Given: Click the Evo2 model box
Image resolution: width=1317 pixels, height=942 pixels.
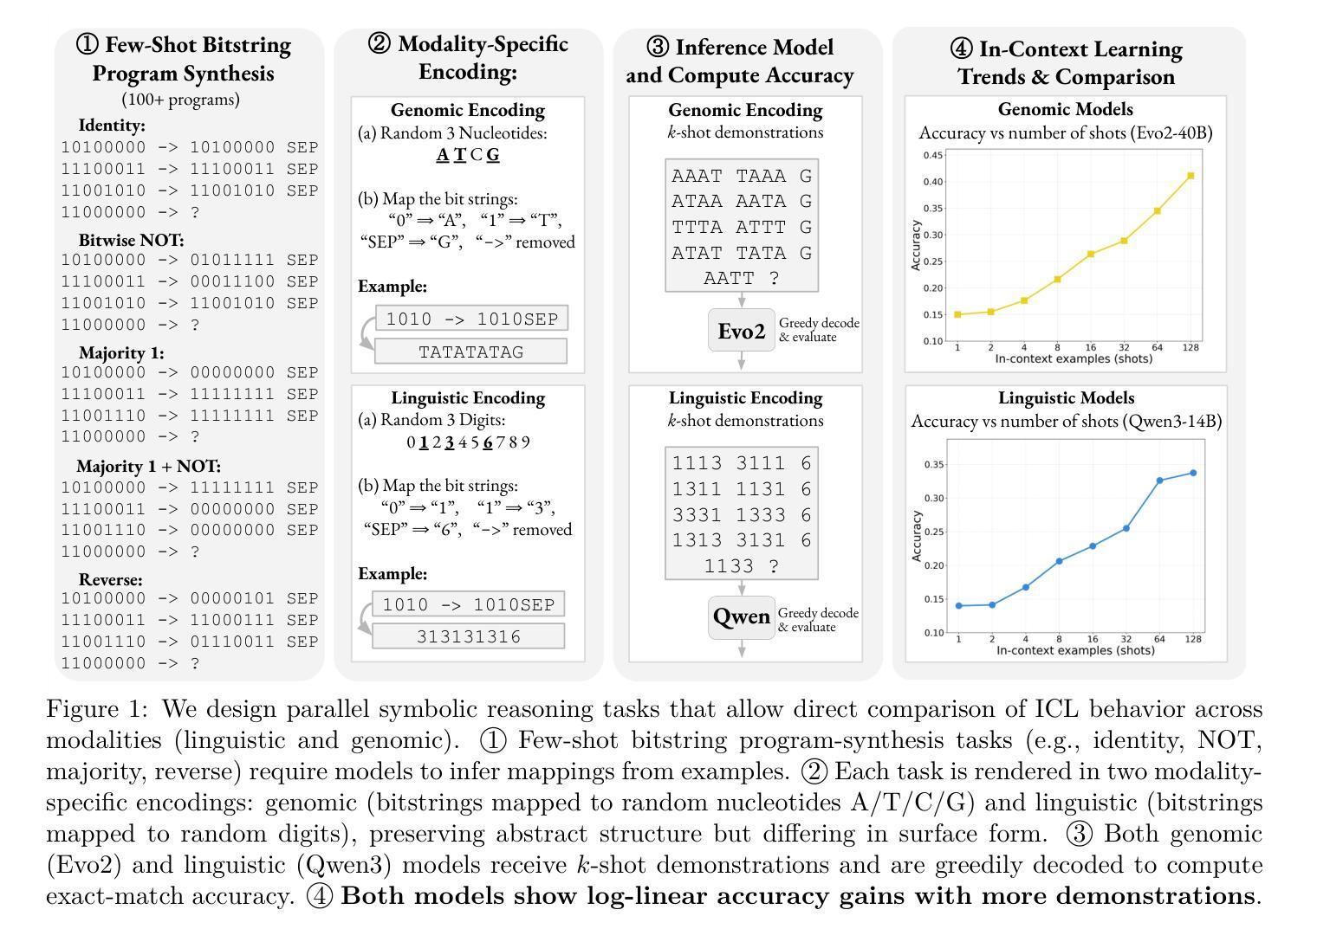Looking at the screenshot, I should pyautogui.click(x=741, y=330).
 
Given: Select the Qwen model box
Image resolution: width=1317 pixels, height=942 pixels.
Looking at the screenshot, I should pyautogui.click(x=741, y=616).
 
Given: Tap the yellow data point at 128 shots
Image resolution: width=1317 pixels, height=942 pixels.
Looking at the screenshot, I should pyautogui.click(x=1191, y=176).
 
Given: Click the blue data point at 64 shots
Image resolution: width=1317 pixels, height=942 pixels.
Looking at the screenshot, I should pyautogui.click(x=1159, y=481).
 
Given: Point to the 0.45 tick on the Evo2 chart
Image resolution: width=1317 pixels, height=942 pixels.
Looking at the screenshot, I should pyautogui.click(x=933, y=156).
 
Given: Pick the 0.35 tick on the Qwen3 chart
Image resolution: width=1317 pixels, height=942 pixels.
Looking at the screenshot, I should pyautogui.click(x=933, y=465).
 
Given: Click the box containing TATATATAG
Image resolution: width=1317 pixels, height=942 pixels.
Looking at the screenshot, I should pyautogui.click(x=470, y=352).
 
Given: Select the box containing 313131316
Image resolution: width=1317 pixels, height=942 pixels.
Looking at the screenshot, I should pyautogui.click(x=469, y=636).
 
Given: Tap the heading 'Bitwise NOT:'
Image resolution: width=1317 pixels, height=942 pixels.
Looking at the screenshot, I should pyautogui.click(x=131, y=240).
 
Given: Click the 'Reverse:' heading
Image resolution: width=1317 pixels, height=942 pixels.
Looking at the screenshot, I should pyautogui.click(x=110, y=579).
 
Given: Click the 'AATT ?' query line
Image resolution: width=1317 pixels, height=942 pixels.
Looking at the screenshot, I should pyautogui.click(x=741, y=278).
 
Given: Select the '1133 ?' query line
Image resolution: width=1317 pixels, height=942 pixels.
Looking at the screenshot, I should pyautogui.click(x=741, y=566).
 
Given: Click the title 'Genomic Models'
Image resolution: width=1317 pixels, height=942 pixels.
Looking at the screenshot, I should pyautogui.click(x=1065, y=109).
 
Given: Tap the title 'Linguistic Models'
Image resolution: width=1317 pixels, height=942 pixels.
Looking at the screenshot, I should pyautogui.click(x=1066, y=397).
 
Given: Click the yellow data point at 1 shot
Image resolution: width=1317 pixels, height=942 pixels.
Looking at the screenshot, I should pyautogui.click(x=957, y=314).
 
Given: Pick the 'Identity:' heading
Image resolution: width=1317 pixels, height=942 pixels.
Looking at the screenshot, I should pyautogui.click(x=112, y=125).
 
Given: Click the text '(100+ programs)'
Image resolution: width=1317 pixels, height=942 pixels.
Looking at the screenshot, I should pyautogui.click(x=180, y=100).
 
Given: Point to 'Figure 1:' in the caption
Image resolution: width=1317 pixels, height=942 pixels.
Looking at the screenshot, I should pyautogui.click(x=97, y=709).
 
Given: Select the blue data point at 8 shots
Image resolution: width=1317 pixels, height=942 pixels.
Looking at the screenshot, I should pyautogui.click(x=1059, y=561).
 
